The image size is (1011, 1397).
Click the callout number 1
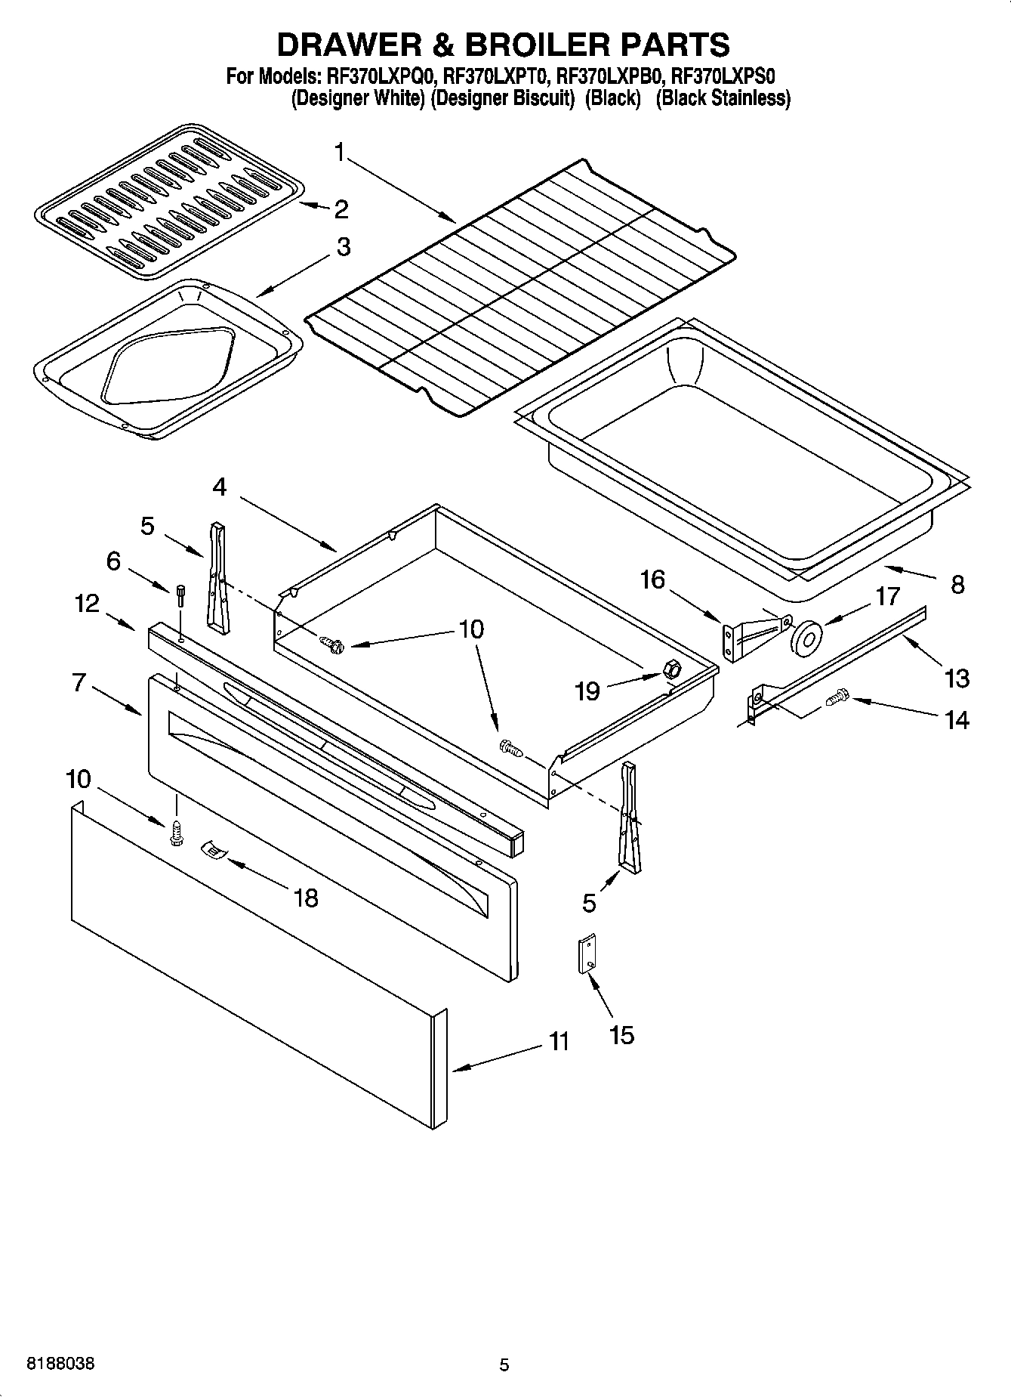click(x=340, y=154)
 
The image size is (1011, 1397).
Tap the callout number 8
click(x=957, y=585)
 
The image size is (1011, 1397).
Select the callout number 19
click(x=587, y=691)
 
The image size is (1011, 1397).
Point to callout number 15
click(x=621, y=1034)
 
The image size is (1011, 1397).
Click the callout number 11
click(x=559, y=1042)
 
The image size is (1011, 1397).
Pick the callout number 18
click(x=307, y=898)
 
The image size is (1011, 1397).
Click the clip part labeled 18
click(x=214, y=851)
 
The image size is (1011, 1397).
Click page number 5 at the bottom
click(x=504, y=1365)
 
